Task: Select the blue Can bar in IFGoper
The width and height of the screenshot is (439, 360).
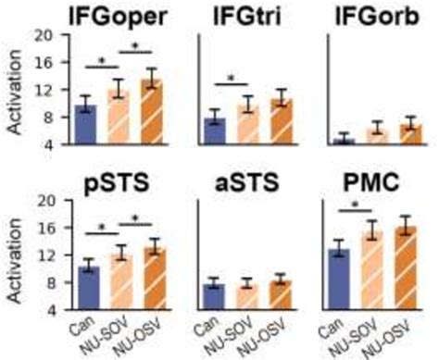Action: pyautogui.click(x=86, y=125)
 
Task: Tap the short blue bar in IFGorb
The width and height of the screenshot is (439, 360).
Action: pyautogui.click(x=344, y=142)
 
